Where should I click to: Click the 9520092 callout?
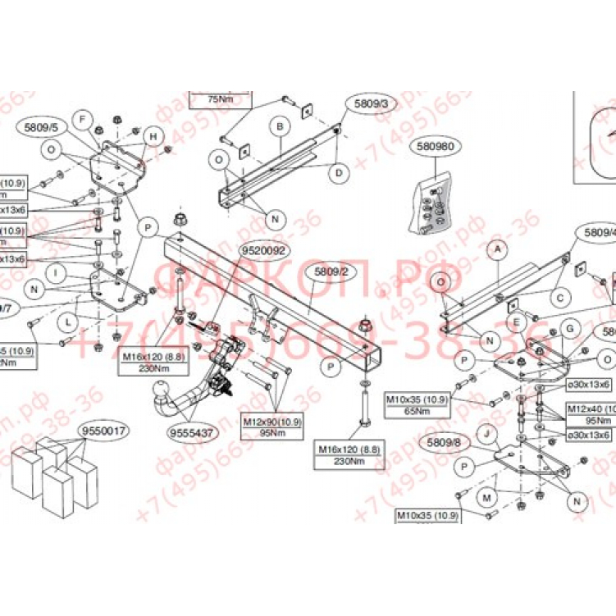pyautogui.click(x=262, y=250)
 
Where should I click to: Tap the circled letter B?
pyautogui.click(x=280, y=126)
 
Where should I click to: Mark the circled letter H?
pyautogui.click(x=151, y=135)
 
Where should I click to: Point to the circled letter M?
pyautogui.click(x=487, y=498)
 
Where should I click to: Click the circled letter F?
pyautogui.click(x=82, y=119)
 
